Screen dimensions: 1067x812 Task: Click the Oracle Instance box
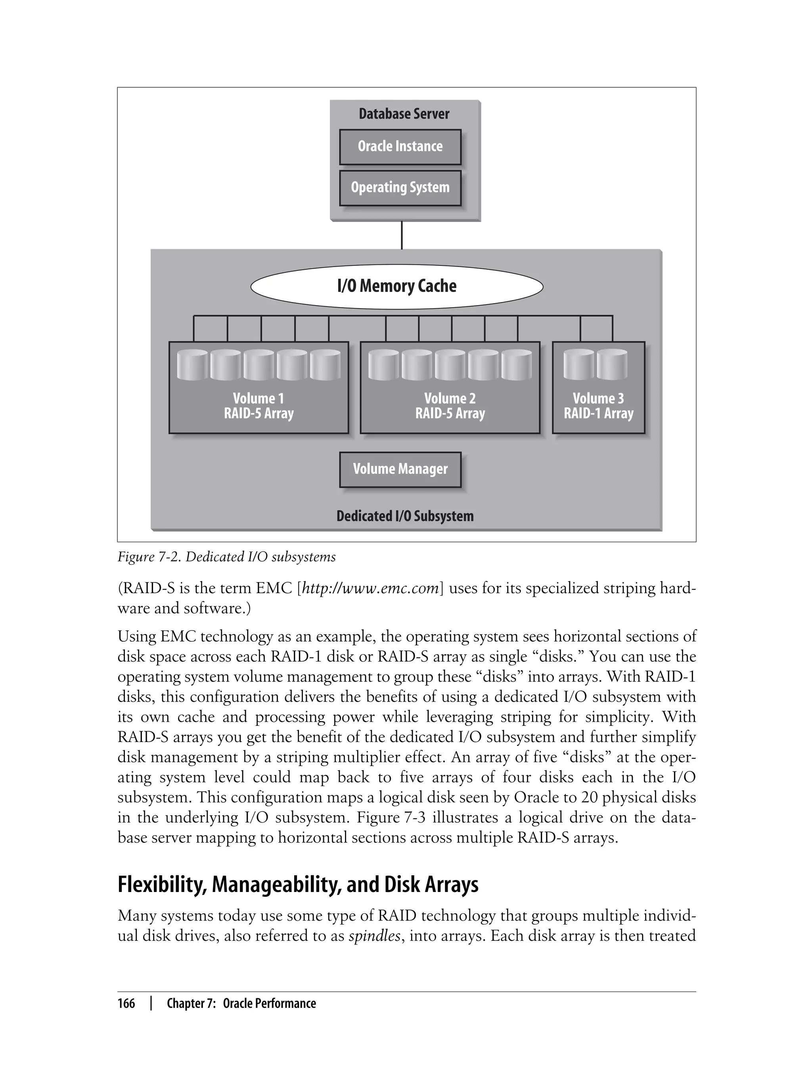pyautogui.click(x=400, y=146)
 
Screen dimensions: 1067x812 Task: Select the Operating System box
pyautogui.click(x=400, y=188)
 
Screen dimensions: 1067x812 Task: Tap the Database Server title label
pyautogui.click(x=404, y=114)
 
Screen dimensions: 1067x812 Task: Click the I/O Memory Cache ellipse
pyautogui.click(x=396, y=286)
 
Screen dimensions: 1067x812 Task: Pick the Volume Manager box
pyautogui.click(x=400, y=469)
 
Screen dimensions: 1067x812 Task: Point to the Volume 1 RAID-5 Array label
pyautogui.click(x=259, y=406)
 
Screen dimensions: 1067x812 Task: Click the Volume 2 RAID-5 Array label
pyautogui.click(x=450, y=406)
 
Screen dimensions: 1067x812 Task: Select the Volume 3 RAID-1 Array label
pyautogui.click(x=598, y=406)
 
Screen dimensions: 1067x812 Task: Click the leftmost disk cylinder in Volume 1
pyautogui.click(x=192, y=365)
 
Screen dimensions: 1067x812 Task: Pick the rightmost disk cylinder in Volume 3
pyautogui.click(x=612, y=365)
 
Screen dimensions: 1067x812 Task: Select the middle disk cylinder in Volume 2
pyautogui.click(x=450, y=365)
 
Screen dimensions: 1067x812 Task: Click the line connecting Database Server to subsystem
pyautogui.click(x=402, y=236)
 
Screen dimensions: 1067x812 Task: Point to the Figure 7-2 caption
pyautogui.click(x=226, y=557)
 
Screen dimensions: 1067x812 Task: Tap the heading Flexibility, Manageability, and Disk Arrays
pyautogui.click(x=298, y=884)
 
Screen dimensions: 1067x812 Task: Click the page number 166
pyautogui.click(x=126, y=1004)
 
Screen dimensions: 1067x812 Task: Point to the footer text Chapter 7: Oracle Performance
pyautogui.click(x=241, y=1004)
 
